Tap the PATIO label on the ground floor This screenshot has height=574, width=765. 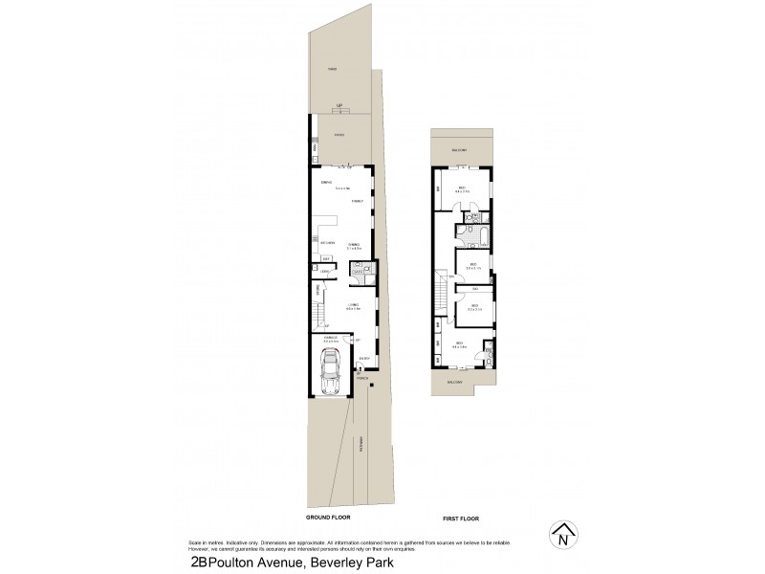pos(338,136)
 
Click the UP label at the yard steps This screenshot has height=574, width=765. pos(338,106)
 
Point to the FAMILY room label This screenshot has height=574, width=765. pos(357,202)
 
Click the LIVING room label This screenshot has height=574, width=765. pos(352,304)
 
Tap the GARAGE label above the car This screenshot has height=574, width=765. pos(329,338)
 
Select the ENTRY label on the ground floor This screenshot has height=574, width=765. pos(364,359)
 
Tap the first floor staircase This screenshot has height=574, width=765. pos(441,288)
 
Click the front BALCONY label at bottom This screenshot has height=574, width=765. pos(453,382)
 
